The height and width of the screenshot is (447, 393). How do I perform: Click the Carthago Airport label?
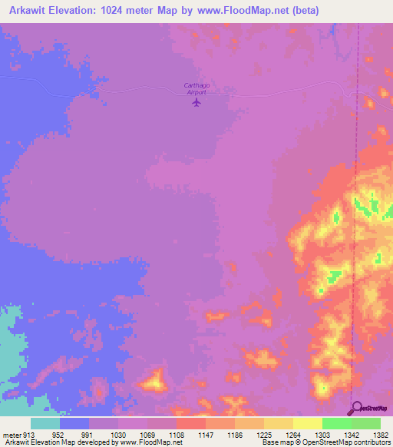pyautogui.click(x=197, y=88)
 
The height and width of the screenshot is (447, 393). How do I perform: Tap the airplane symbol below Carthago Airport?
pyautogui.click(x=197, y=101)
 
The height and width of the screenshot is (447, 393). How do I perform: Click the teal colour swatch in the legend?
pyautogui.click(x=45, y=424)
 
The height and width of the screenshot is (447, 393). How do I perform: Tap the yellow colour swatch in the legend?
pyautogui.click(x=307, y=424)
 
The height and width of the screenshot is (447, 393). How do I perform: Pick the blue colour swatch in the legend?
pyautogui.click(x=74, y=424)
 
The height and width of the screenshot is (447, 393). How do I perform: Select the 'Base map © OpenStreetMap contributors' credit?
pyautogui.click(x=325, y=442)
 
